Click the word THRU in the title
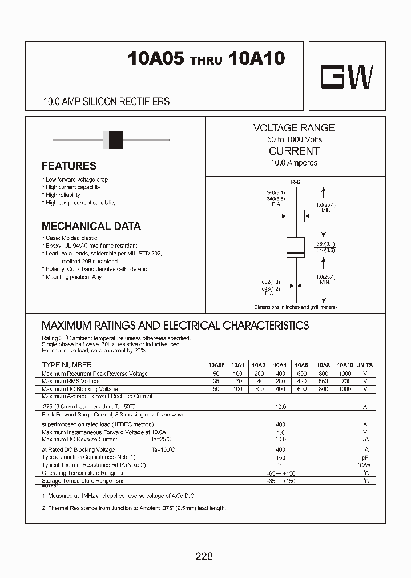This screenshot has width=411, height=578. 205,61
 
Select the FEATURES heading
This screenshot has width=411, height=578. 69,166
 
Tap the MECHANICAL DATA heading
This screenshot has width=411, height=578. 91,226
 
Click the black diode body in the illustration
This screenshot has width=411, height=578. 115,139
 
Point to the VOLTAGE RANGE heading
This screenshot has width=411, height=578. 293,128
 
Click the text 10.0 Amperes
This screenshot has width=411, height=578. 293,163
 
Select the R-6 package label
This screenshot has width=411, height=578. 295,182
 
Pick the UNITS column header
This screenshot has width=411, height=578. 364,365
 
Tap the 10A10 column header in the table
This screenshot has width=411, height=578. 345,365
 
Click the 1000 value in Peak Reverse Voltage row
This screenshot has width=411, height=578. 345,374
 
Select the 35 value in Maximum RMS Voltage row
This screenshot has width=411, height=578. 216,381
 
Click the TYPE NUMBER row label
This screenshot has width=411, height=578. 67,365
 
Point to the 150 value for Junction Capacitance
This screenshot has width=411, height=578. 280,457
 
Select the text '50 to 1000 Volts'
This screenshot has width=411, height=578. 293,139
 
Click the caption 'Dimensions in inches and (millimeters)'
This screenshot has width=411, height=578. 295,307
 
